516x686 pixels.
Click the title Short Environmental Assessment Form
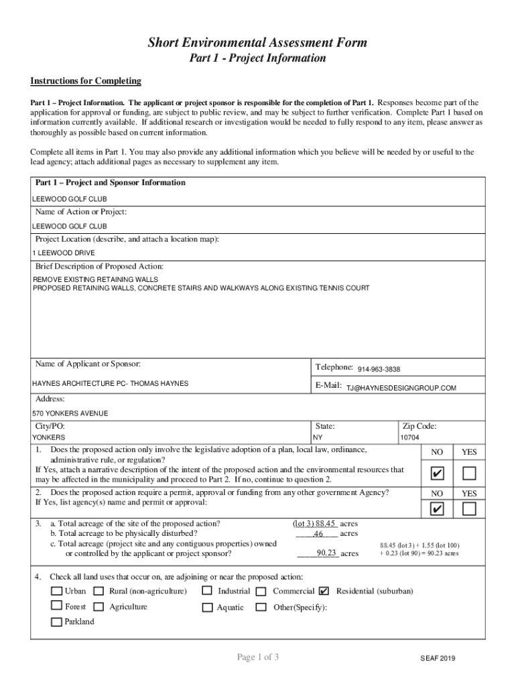tap(257, 43)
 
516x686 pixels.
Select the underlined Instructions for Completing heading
tap(86, 81)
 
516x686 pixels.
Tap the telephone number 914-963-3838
tap(379, 369)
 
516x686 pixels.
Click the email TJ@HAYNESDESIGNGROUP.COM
tap(401, 388)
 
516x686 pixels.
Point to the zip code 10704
tap(409, 437)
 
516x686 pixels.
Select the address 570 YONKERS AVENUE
tap(70, 413)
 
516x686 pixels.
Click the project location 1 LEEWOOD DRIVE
tap(64, 253)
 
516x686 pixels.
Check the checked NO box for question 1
tap(437, 474)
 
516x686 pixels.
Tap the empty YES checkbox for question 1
tap(470, 474)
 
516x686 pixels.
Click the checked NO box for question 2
tap(437, 509)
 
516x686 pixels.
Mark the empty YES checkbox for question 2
tap(470, 509)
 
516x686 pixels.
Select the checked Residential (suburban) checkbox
tap(324, 591)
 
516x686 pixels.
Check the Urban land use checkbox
tap(57, 591)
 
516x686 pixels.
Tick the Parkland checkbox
tap(57, 622)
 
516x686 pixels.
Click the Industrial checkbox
tap(208, 591)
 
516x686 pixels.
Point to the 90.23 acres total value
tap(326, 553)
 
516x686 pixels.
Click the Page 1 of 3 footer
tap(257, 657)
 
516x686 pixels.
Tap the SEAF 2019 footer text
tap(438, 659)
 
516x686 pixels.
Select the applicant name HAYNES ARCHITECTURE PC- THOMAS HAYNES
tap(111, 383)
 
